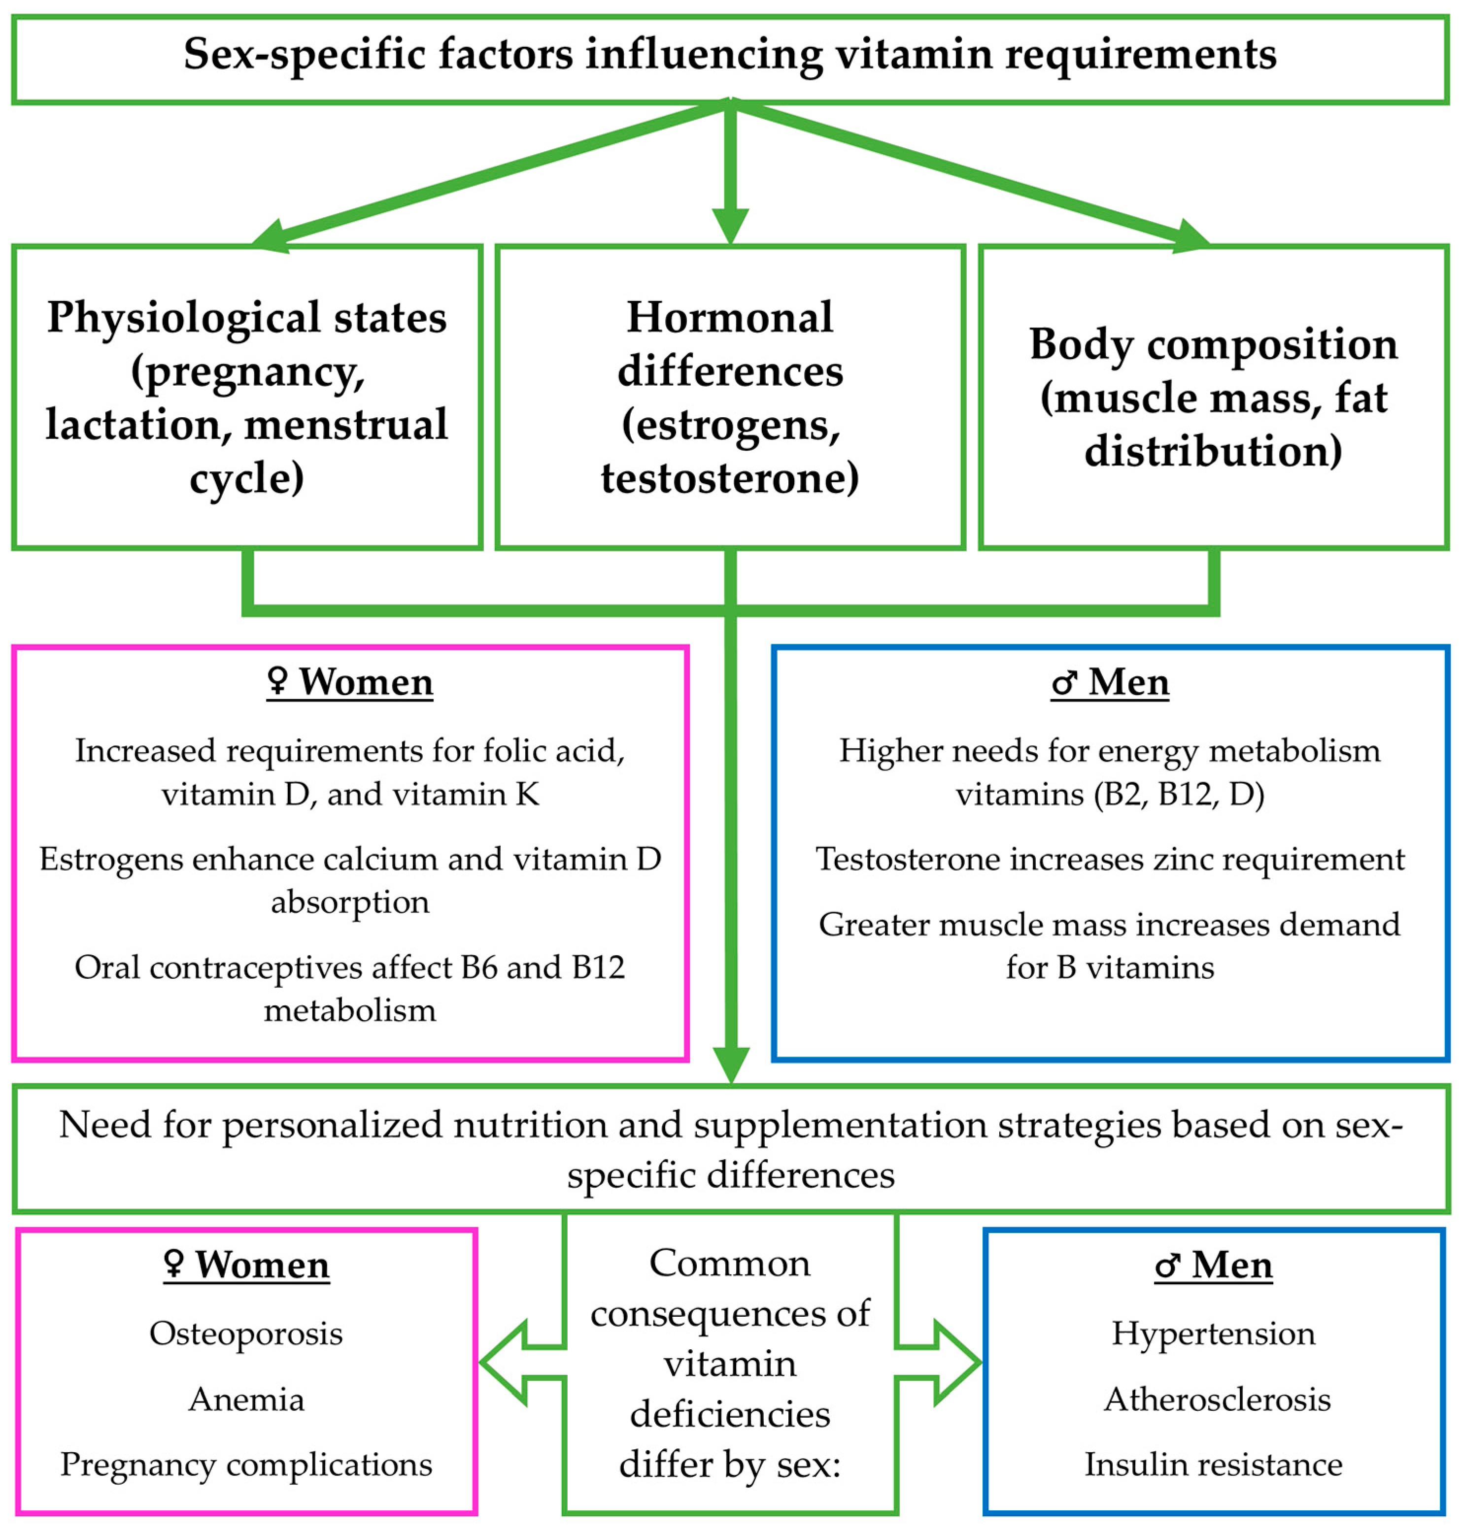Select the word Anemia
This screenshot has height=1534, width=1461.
click(x=246, y=1400)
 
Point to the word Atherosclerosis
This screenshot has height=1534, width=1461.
click(x=1217, y=1400)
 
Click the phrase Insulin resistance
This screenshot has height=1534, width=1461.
click(x=1213, y=1465)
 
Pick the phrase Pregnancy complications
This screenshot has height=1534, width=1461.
click(x=246, y=1465)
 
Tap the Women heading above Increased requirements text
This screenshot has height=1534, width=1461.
click(x=366, y=682)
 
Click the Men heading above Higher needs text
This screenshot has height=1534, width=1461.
click(x=1128, y=682)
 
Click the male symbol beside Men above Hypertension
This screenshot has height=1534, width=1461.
click(x=1167, y=1266)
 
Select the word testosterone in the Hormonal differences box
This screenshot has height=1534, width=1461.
click(x=730, y=477)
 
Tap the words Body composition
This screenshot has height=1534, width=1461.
click(x=1213, y=343)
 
